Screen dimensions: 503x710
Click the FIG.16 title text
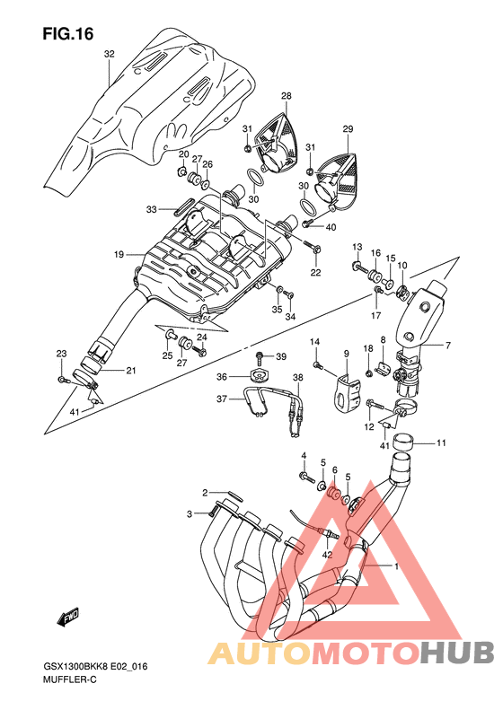tap(68, 33)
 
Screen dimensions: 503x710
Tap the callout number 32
tap(110, 54)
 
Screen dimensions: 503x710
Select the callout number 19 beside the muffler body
tap(119, 255)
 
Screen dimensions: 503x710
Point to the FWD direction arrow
tap(68, 618)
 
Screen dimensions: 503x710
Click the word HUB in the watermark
tap(456, 653)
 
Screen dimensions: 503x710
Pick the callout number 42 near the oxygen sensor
tap(327, 554)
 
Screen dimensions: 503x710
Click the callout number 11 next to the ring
tap(441, 443)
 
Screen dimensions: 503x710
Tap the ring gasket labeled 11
tap(402, 440)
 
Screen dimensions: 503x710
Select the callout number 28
tap(286, 96)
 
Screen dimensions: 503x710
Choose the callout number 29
tap(348, 129)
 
